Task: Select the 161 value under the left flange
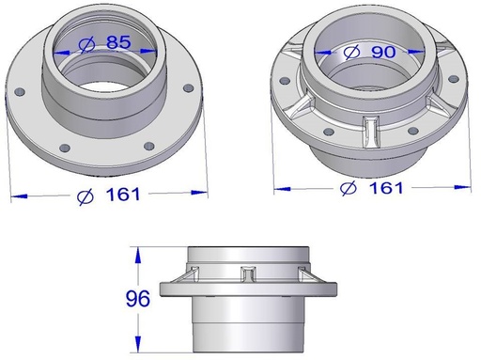click(122, 195)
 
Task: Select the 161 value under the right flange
click(385, 188)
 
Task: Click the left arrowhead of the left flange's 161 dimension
click(16, 196)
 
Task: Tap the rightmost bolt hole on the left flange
click(189, 87)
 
